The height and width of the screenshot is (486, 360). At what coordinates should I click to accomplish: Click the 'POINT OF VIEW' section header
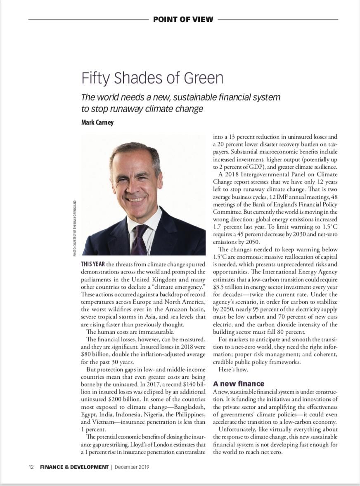coord(183,19)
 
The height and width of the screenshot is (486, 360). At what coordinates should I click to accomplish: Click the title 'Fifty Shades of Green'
coord(152,78)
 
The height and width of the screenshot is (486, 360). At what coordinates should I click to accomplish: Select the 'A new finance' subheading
coord(239,384)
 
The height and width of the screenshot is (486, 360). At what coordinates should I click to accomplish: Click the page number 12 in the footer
coord(31,467)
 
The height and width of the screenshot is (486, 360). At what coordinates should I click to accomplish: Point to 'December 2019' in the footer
coord(132,467)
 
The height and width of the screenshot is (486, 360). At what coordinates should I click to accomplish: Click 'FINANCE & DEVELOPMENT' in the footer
coord(74,467)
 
